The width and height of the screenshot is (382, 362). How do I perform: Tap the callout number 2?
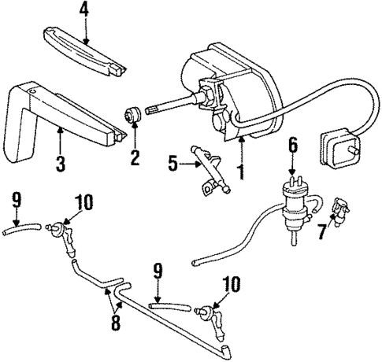point(135,157)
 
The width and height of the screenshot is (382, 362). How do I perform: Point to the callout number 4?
point(85,12)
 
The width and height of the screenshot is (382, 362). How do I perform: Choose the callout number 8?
point(115,323)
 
